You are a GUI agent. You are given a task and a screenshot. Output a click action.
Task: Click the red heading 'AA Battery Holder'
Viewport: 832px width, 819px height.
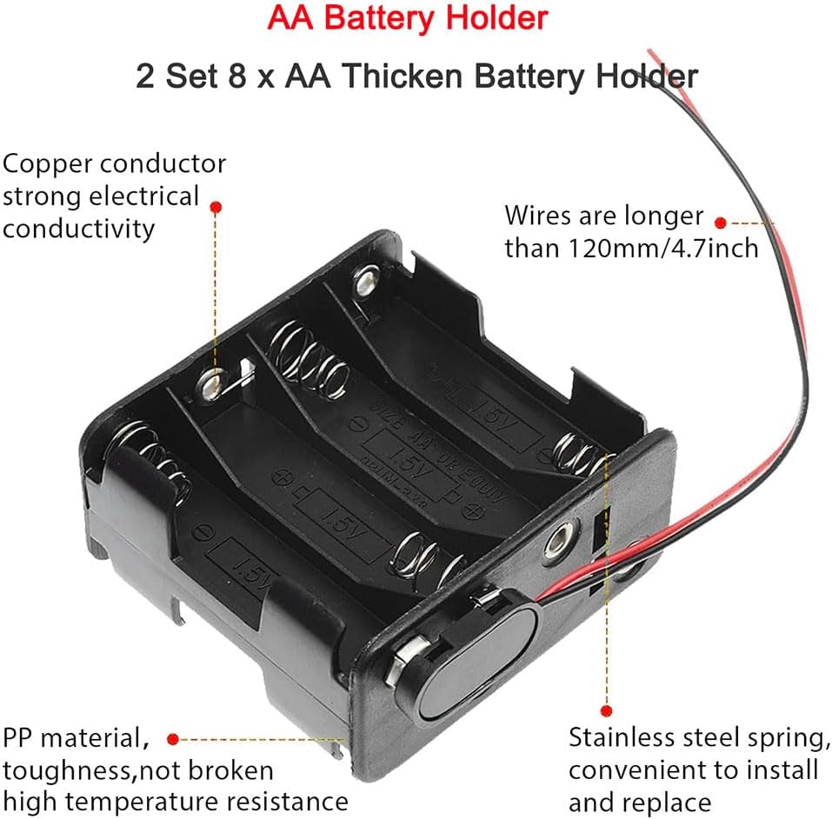408,17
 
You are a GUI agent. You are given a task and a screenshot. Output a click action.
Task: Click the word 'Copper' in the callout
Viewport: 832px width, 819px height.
49,163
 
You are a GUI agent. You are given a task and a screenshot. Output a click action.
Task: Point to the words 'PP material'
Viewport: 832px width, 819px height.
71,739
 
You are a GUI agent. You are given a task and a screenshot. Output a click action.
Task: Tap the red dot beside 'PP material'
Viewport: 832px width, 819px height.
172,739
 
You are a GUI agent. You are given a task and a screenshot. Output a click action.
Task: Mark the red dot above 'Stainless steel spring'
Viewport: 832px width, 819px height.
607,709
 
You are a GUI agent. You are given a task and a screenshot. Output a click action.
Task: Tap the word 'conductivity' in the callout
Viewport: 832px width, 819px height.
79,228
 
